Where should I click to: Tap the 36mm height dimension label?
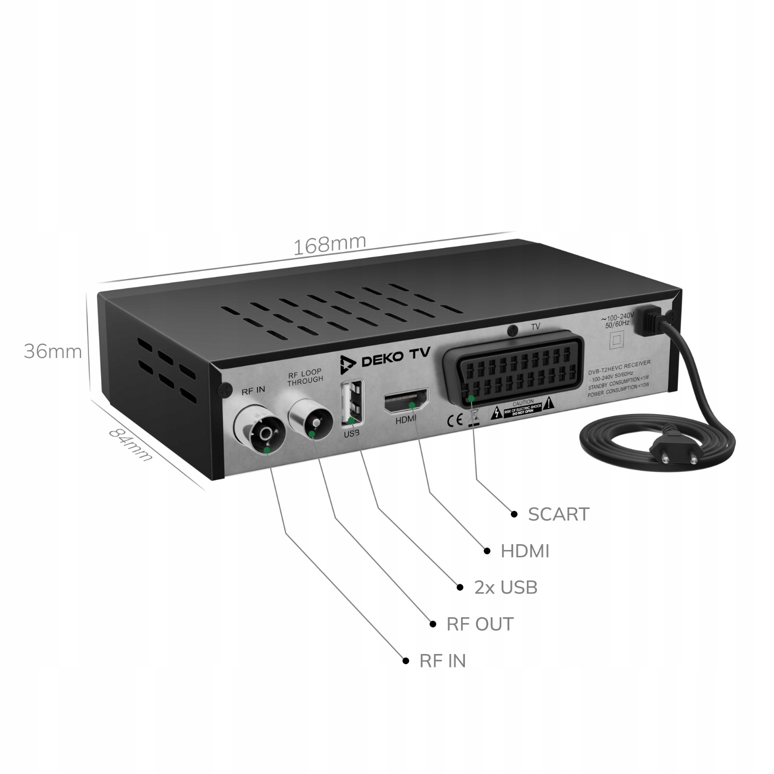53,352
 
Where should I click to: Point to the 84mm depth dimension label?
129,444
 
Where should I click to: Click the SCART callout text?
558,514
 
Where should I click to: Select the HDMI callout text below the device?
525,551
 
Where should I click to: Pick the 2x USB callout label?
506,588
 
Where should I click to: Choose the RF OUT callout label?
479,625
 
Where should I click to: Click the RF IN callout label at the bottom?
442,661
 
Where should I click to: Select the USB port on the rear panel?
352,402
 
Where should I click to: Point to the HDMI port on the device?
406,401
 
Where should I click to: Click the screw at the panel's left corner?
224,388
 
